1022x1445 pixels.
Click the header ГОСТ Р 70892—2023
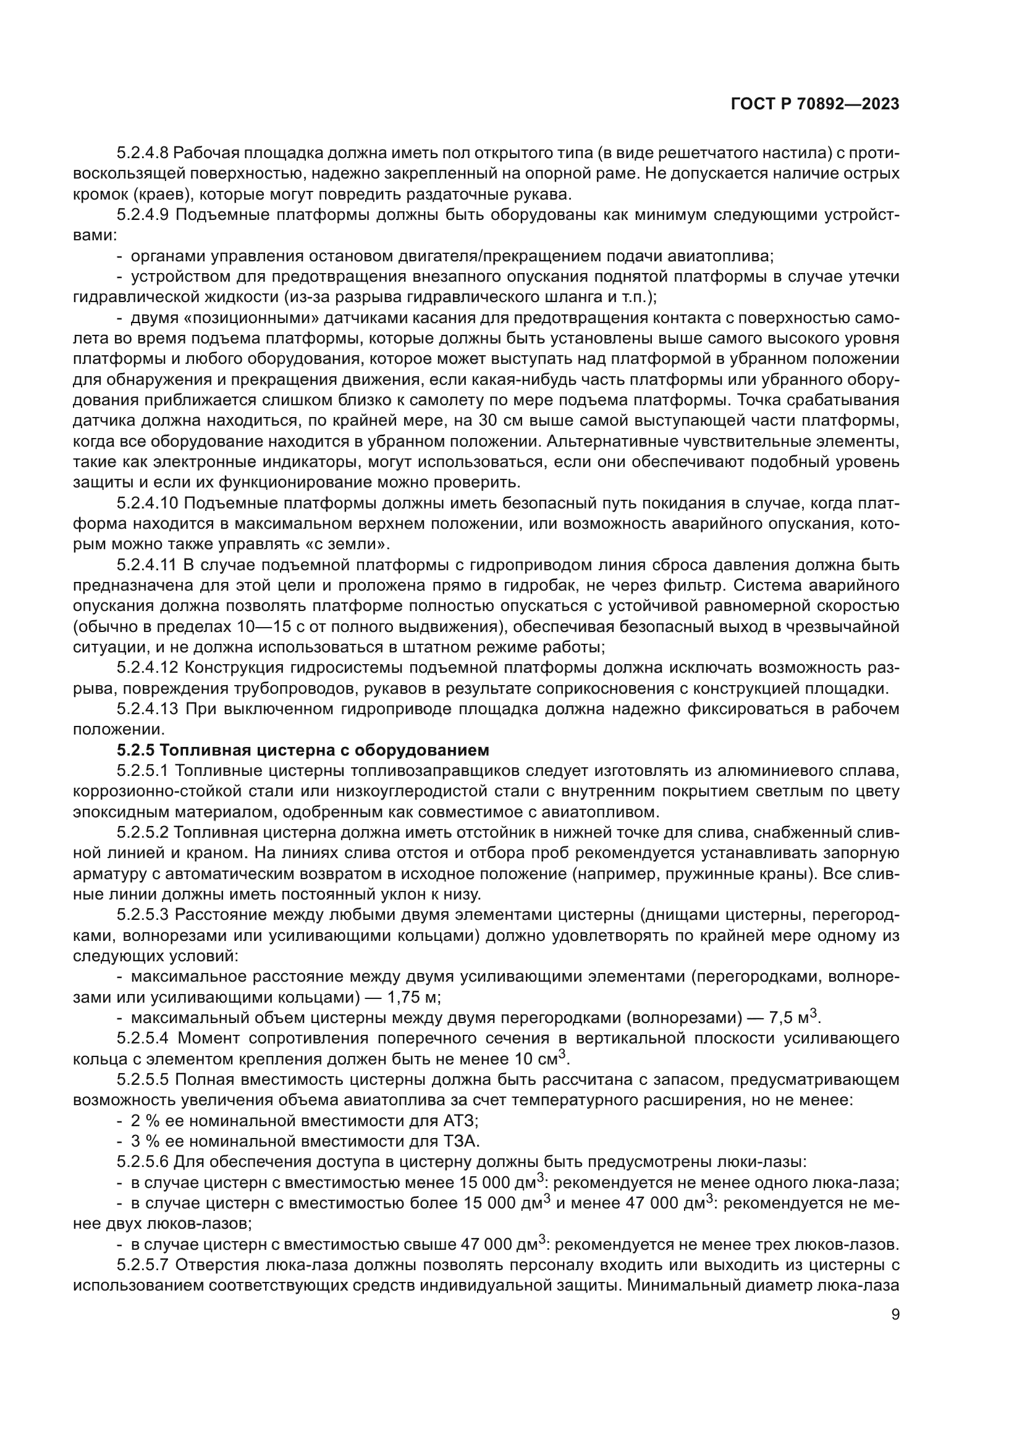(815, 104)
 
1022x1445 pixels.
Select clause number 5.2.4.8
(142, 153)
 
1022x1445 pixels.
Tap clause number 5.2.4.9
(142, 214)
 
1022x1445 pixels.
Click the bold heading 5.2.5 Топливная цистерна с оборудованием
(303, 750)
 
